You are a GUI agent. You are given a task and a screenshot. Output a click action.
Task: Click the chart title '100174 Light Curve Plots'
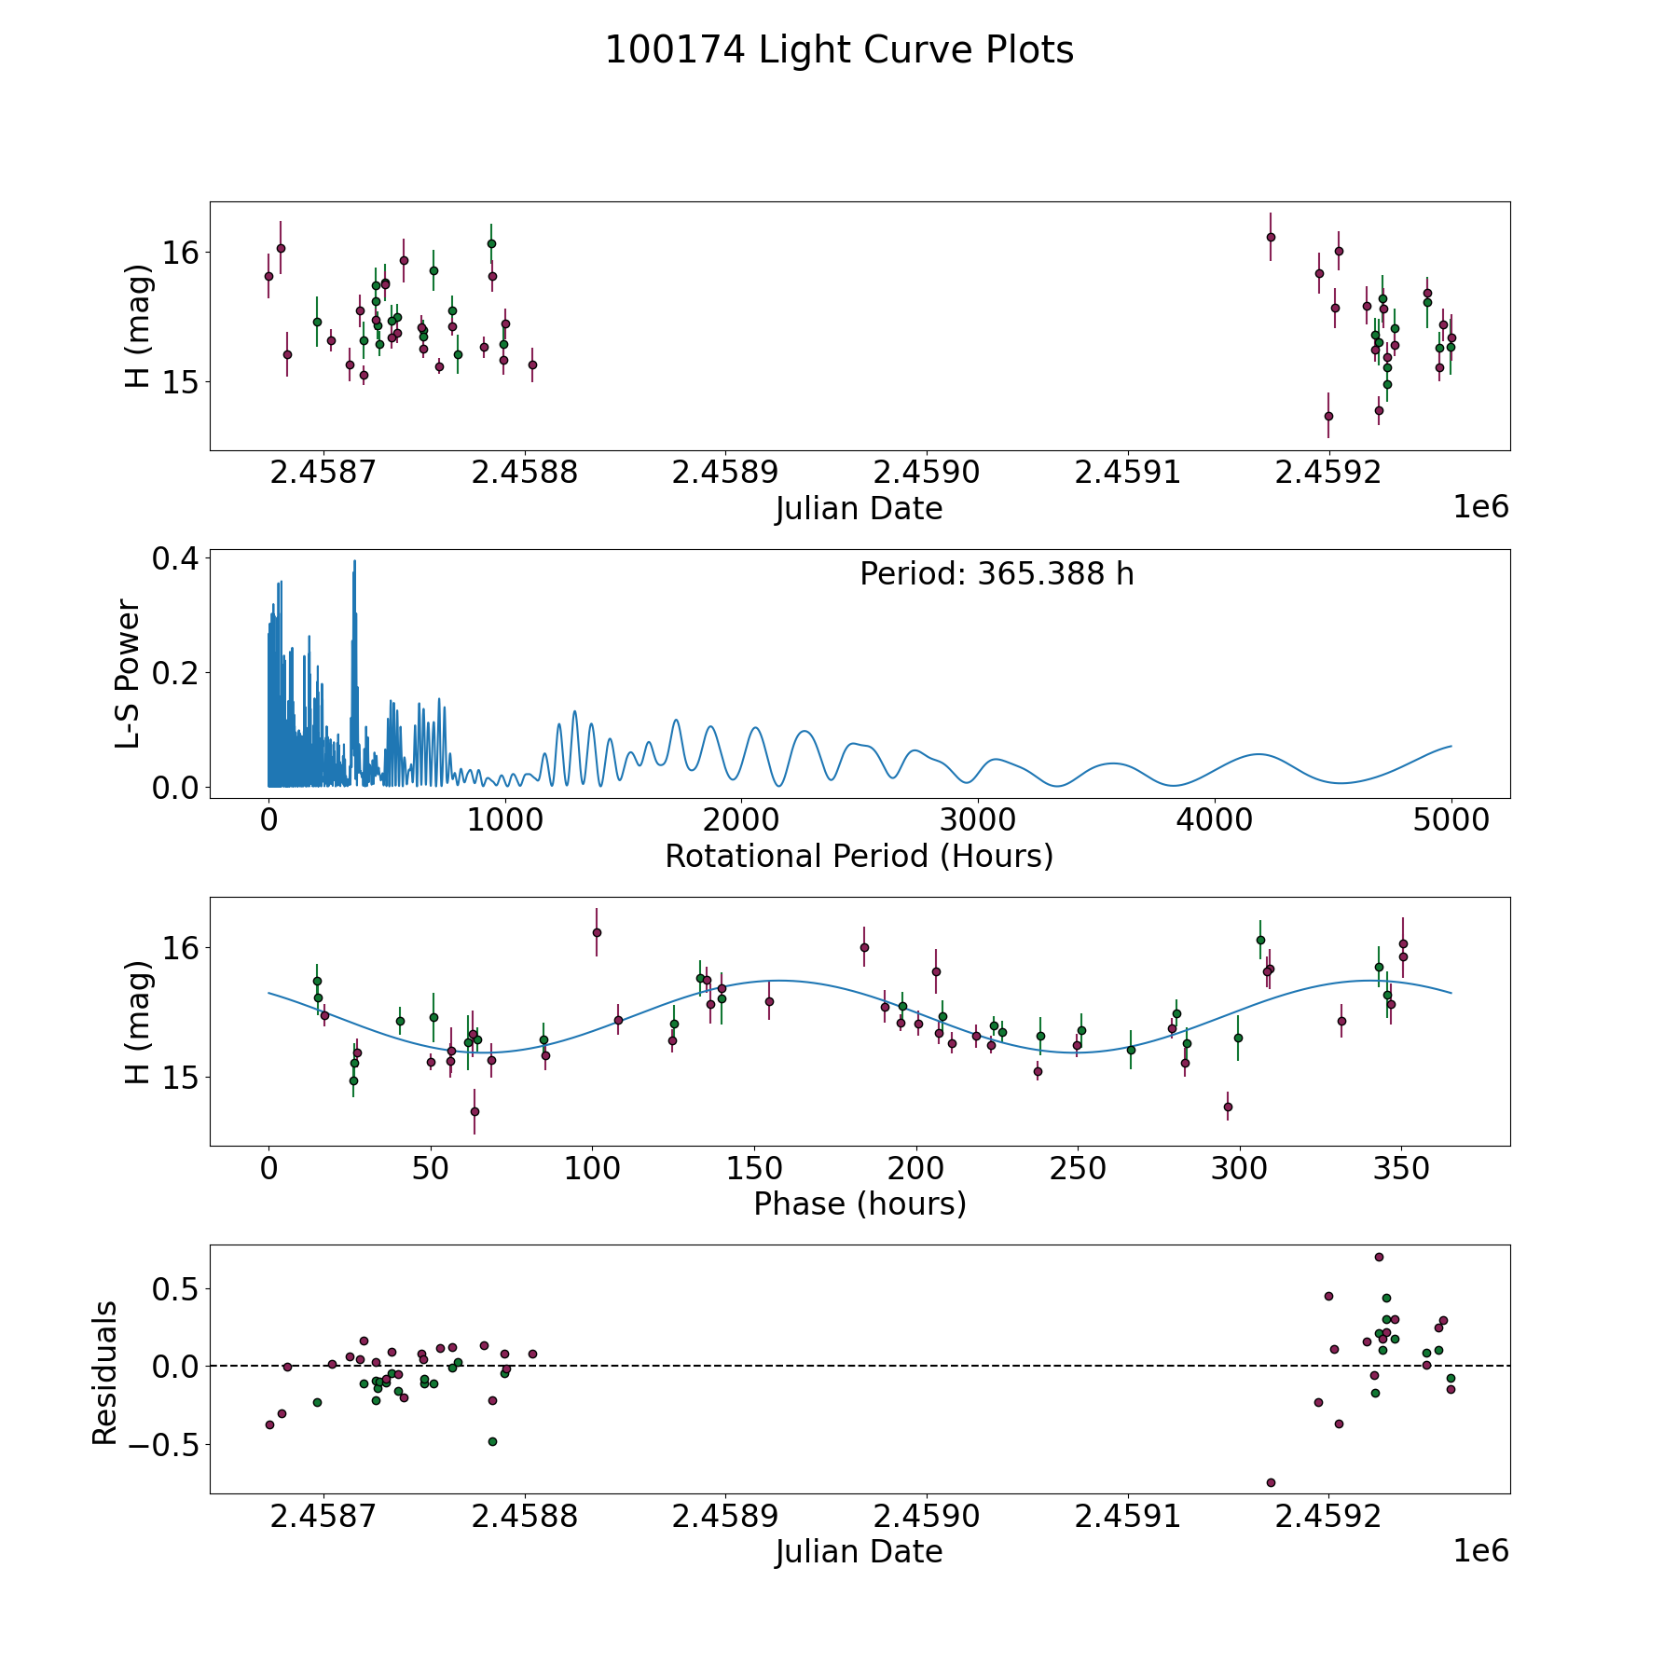(x=839, y=50)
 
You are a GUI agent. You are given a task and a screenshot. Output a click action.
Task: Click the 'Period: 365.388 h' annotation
(x=997, y=574)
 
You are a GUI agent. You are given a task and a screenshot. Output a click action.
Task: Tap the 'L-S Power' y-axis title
(x=129, y=674)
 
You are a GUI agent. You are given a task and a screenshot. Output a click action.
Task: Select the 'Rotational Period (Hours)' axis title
(x=859, y=856)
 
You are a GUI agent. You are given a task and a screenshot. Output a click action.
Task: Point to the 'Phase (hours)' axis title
(x=859, y=1203)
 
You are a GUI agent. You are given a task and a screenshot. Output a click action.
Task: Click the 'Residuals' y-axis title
(x=104, y=1373)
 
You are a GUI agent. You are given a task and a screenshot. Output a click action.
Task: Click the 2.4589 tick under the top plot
(x=725, y=473)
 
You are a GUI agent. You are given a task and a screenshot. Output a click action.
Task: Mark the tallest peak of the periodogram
(x=354, y=561)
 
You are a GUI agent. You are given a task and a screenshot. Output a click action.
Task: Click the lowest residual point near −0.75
(x=1271, y=1482)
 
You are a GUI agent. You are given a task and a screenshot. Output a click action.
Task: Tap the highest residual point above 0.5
(x=1379, y=1257)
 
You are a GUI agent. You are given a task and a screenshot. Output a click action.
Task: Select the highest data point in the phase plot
(x=597, y=932)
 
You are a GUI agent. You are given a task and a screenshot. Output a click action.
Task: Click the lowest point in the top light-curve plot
(x=1328, y=416)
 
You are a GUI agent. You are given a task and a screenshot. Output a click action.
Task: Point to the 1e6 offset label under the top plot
(x=1480, y=507)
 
